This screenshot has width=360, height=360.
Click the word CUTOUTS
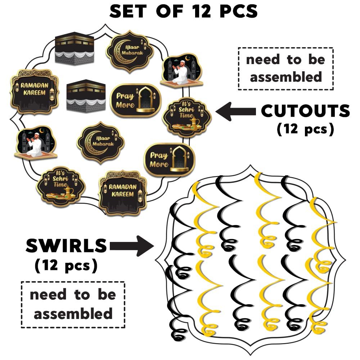305,111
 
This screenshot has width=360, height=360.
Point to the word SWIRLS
67,246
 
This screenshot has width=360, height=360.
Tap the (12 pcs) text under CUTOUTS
305,129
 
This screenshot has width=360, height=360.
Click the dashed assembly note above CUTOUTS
285,68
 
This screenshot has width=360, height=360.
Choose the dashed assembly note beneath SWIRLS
73,304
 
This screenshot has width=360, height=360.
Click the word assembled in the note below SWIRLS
73,314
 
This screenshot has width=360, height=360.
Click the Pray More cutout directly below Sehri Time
169,159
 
